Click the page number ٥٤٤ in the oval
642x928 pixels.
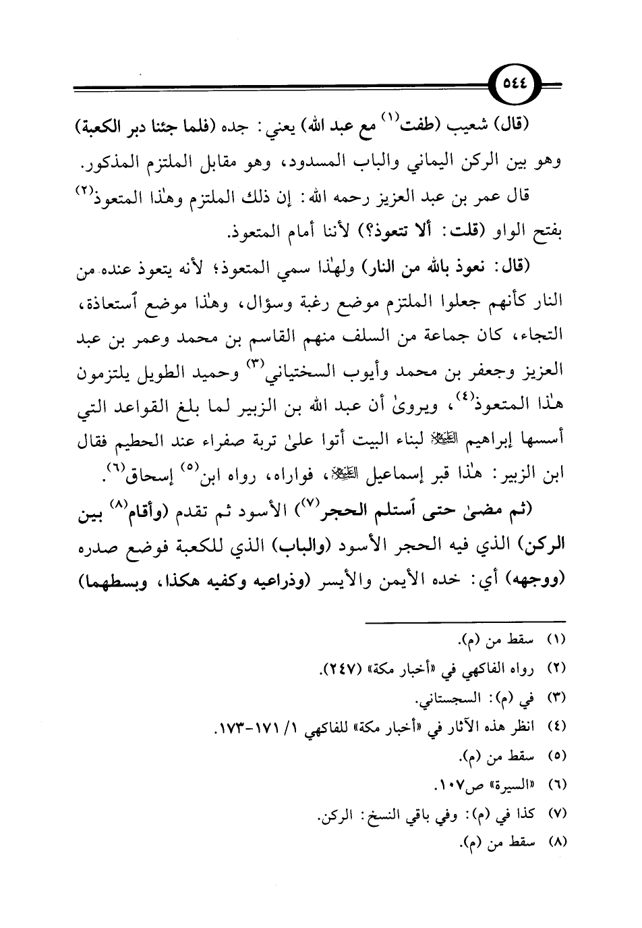515,86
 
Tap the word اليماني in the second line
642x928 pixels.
425,163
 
